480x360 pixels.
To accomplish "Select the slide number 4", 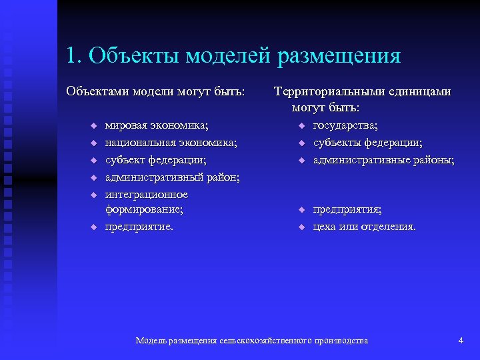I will coord(461,341).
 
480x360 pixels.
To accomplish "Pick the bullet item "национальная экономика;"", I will coord(171,143).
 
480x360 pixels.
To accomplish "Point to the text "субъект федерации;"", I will coord(155,160).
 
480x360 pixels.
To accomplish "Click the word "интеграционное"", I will coord(147,195).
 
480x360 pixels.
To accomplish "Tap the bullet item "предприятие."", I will coord(139,227).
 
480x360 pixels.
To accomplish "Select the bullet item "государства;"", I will coord(345,125).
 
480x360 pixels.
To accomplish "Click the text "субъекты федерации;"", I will coord(367,143).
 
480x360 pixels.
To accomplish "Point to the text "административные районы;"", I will coord(383,160).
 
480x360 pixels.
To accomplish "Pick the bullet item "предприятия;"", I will coord(347,209).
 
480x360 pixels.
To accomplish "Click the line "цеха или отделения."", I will coord(364,227).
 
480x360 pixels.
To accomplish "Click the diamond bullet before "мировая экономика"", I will coord(94,126).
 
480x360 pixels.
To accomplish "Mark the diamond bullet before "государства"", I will coord(301,126).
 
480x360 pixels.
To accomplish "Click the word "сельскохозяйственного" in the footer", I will coord(275,341).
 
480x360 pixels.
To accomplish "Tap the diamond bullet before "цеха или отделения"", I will coord(301,227).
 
